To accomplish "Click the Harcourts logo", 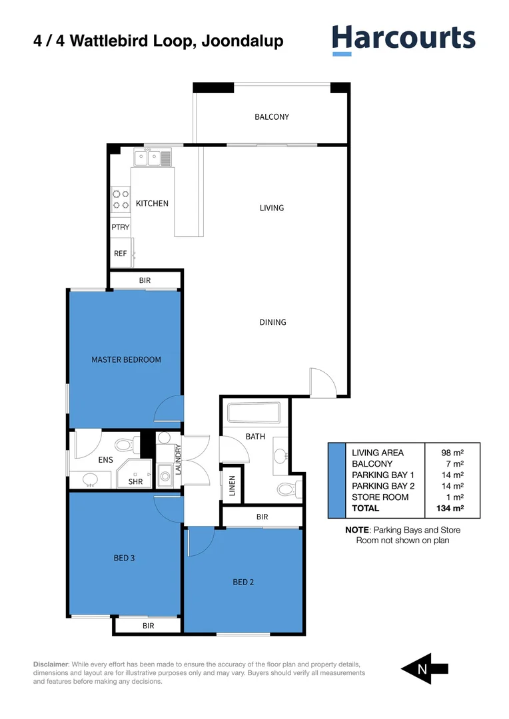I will click(x=404, y=39).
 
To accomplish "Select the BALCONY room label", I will click(x=272, y=117).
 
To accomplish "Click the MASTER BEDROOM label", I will click(x=126, y=359).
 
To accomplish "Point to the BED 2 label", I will click(x=243, y=582).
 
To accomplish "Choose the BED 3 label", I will click(x=124, y=558).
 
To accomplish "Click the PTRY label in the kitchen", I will click(x=121, y=227).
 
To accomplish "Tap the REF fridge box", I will click(x=121, y=254).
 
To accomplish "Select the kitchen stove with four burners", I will click(x=121, y=200).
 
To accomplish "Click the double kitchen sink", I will click(x=148, y=158).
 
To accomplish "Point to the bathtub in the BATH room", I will click(x=254, y=413).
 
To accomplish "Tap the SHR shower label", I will click(x=135, y=481).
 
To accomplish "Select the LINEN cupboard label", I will click(x=232, y=487).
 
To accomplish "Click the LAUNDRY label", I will click(x=178, y=459).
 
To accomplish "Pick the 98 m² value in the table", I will click(x=452, y=452).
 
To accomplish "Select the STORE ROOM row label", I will click(x=380, y=497).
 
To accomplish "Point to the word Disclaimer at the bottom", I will click(x=51, y=664).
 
